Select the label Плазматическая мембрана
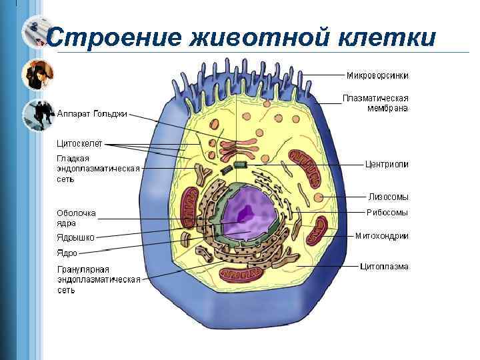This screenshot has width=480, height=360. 375,103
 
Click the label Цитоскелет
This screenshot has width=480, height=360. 79,143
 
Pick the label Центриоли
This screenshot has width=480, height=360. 387,163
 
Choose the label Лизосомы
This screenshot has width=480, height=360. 388,197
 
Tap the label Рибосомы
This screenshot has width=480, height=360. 387,213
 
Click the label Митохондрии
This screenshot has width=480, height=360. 382,235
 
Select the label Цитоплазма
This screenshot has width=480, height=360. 384,267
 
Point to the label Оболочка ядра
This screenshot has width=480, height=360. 76,218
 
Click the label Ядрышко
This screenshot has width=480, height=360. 75,237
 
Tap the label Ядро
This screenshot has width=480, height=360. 67,253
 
